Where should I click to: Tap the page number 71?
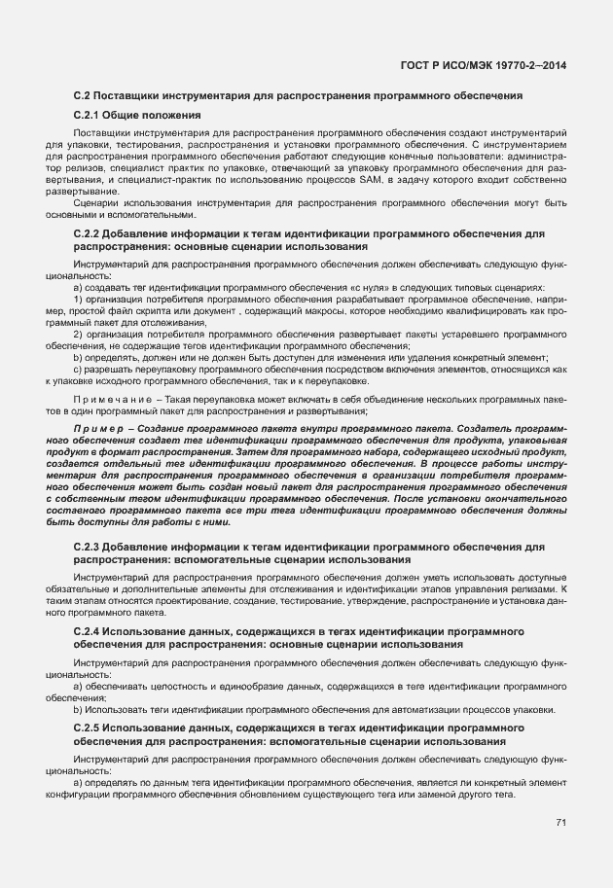[x=561, y=822]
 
